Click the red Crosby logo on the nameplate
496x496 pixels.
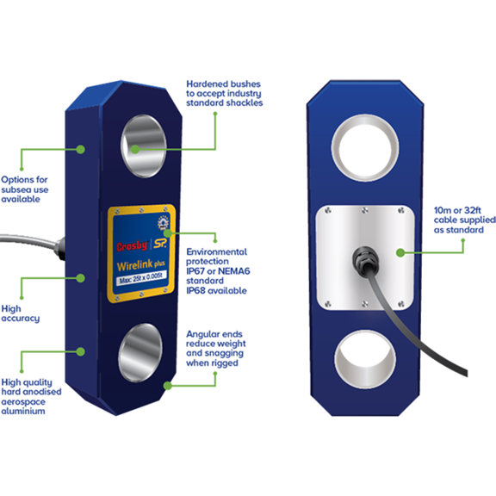pyautogui.click(x=133, y=245)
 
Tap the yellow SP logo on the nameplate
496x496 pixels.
pyautogui.click(x=160, y=243)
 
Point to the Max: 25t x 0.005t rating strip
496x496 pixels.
pyautogui.click(x=141, y=278)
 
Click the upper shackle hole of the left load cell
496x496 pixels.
pyautogui.click(x=144, y=146)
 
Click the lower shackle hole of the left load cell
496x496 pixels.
pyautogui.click(x=140, y=353)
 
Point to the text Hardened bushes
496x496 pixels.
pyautogui.click(x=223, y=84)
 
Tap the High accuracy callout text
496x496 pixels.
pyautogui.click(x=21, y=313)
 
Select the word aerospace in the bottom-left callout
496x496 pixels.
pyautogui.click(x=23, y=402)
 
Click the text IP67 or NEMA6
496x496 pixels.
pyautogui.click(x=218, y=271)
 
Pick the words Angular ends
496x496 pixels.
pyautogui.click(x=214, y=334)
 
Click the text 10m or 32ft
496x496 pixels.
pyautogui.click(x=457, y=210)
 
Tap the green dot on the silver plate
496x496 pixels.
pyautogui.click(x=400, y=252)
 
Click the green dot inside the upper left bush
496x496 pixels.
pyautogui.click(x=135, y=149)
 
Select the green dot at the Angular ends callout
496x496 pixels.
pyautogui.click(x=168, y=386)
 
